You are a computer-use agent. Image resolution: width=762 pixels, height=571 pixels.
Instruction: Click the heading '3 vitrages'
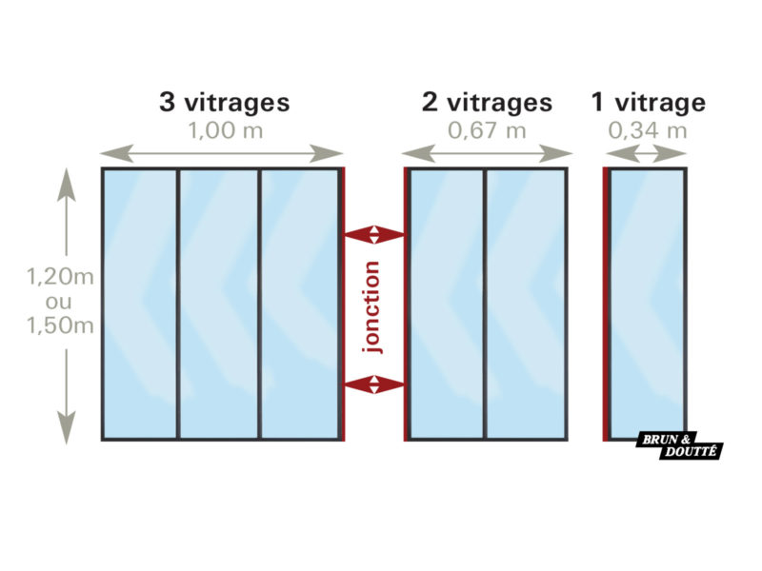click(224, 102)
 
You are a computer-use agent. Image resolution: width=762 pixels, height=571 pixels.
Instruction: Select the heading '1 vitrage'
click(648, 102)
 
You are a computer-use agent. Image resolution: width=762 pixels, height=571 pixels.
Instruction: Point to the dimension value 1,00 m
click(226, 131)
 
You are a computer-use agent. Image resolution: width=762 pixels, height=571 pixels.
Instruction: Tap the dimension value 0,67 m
click(487, 131)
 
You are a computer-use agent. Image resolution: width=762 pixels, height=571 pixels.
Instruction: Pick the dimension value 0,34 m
click(648, 131)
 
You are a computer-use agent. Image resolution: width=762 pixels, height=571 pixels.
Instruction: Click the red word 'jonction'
click(372, 307)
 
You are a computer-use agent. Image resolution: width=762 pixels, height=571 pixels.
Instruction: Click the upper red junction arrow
click(373, 233)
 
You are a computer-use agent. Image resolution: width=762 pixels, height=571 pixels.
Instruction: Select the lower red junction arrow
click(373, 384)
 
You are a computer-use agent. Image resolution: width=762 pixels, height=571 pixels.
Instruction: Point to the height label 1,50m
click(60, 326)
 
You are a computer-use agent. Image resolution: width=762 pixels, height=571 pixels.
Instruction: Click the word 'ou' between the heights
click(60, 302)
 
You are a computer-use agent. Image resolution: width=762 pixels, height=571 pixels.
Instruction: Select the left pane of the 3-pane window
click(140, 303)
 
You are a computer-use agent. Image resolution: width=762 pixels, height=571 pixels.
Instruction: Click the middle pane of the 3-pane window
click(219, 303)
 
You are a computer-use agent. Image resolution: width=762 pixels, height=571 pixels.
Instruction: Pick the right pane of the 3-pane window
click(299, 303)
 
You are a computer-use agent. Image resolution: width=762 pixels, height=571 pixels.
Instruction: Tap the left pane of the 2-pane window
click(446, 303)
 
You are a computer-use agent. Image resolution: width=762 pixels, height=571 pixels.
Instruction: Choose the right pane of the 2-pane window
click(527, 303)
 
